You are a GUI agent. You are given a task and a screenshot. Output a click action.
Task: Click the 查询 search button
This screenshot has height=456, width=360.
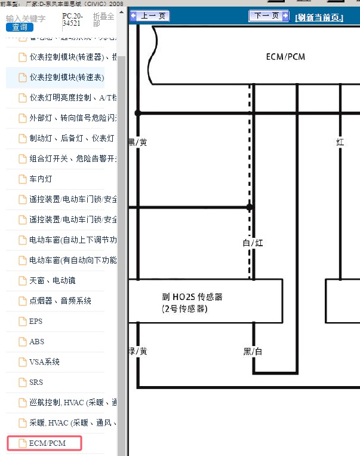[20, 27]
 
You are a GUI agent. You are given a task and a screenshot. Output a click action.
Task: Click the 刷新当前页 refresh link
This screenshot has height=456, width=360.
[319, 17]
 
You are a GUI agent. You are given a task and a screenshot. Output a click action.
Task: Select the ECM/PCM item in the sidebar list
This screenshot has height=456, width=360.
[47, 443]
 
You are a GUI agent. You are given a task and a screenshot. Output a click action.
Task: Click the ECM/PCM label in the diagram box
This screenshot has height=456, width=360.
[286, 57]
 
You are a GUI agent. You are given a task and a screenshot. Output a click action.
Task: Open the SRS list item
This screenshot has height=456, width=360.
[36, 382]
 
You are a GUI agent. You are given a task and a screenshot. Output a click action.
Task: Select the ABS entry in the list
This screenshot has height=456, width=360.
[36, 341]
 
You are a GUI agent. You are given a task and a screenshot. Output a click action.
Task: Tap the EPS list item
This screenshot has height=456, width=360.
[36, 321]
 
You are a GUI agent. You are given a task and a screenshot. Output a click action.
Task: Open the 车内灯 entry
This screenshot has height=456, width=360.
[41, 179]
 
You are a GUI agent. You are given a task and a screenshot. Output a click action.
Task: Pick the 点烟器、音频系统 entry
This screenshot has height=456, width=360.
[60, 301]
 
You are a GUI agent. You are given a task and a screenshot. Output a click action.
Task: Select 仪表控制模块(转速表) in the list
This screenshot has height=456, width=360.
[66, 78]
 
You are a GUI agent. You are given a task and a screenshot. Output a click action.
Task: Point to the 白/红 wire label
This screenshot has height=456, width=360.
[253, 243]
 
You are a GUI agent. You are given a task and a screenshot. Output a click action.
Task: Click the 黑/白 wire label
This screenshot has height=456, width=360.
[253, 351]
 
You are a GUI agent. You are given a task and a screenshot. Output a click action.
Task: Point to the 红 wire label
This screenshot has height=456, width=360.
[340, 142]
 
